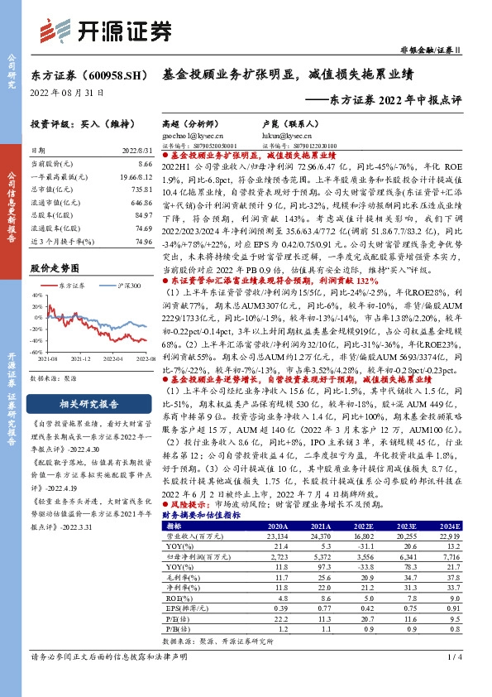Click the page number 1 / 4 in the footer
pyautogui.click(x=453, y=681)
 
